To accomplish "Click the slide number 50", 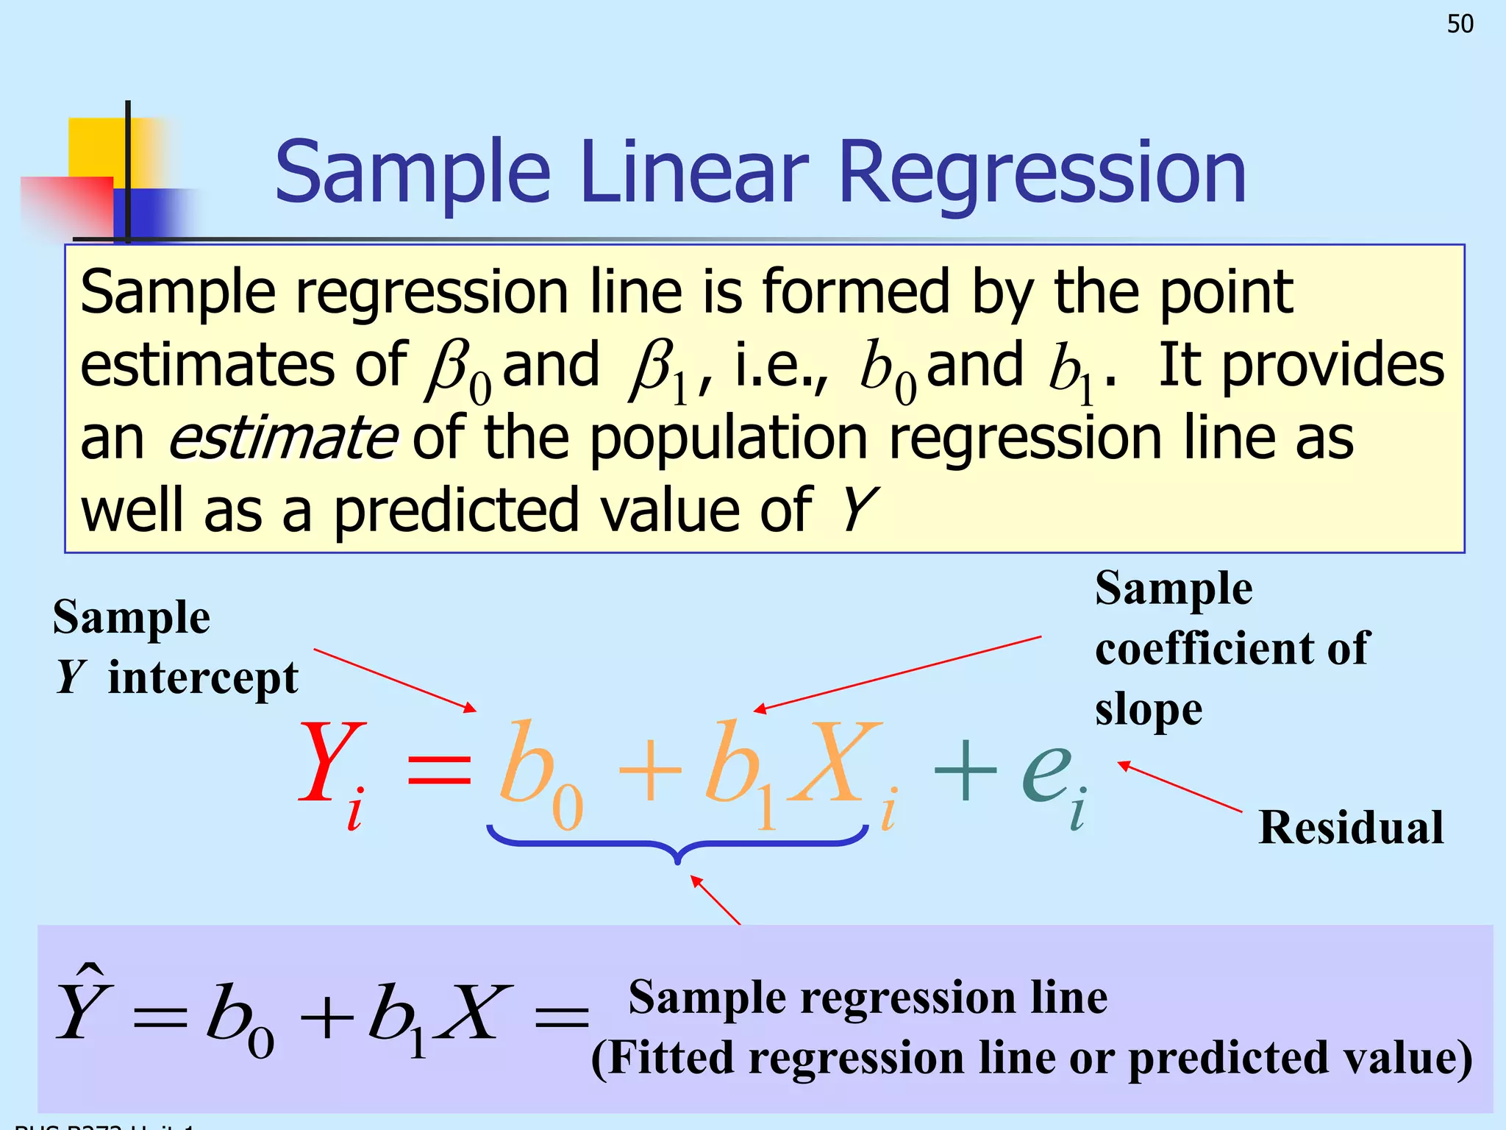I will click(1460, 24).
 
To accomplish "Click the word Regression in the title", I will click(1042, 173).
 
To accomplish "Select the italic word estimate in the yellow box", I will click(283, 438).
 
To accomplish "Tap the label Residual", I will click(1351, 827).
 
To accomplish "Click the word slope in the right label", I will click(1149, 710).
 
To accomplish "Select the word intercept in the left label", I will click(203, 678).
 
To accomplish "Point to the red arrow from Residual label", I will click(1180, 787).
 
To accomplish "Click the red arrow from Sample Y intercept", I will click(395, 680).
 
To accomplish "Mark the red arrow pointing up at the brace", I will click(716, 900).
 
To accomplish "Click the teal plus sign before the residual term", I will click(965, 770).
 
